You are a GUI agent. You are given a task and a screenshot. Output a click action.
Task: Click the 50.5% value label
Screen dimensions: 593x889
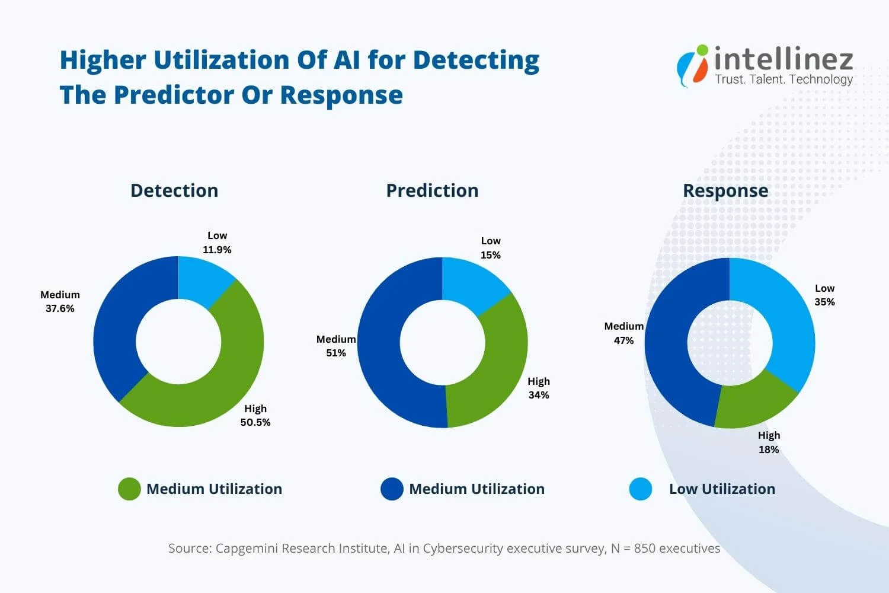255,422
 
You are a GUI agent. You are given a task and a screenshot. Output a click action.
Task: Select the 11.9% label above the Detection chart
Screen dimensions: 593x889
217,250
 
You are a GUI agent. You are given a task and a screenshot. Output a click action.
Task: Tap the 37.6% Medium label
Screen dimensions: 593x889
60,308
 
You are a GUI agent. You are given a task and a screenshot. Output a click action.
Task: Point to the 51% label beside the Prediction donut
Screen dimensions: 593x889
336,353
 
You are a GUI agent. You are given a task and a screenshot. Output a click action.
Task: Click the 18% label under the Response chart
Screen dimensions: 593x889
769,449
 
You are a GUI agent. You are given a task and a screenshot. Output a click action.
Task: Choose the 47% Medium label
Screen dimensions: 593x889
623,340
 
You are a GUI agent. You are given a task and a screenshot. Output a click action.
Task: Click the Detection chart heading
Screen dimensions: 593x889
174,190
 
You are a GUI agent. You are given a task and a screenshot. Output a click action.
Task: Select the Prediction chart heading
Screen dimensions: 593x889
432,190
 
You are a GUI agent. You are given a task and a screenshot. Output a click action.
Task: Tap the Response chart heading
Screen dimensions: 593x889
725,190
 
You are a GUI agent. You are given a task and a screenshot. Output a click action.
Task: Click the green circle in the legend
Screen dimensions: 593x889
129,489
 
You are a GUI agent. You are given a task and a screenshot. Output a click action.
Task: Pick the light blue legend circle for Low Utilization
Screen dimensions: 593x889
641,489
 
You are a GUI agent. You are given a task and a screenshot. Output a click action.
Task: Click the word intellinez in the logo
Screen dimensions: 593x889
784,59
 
